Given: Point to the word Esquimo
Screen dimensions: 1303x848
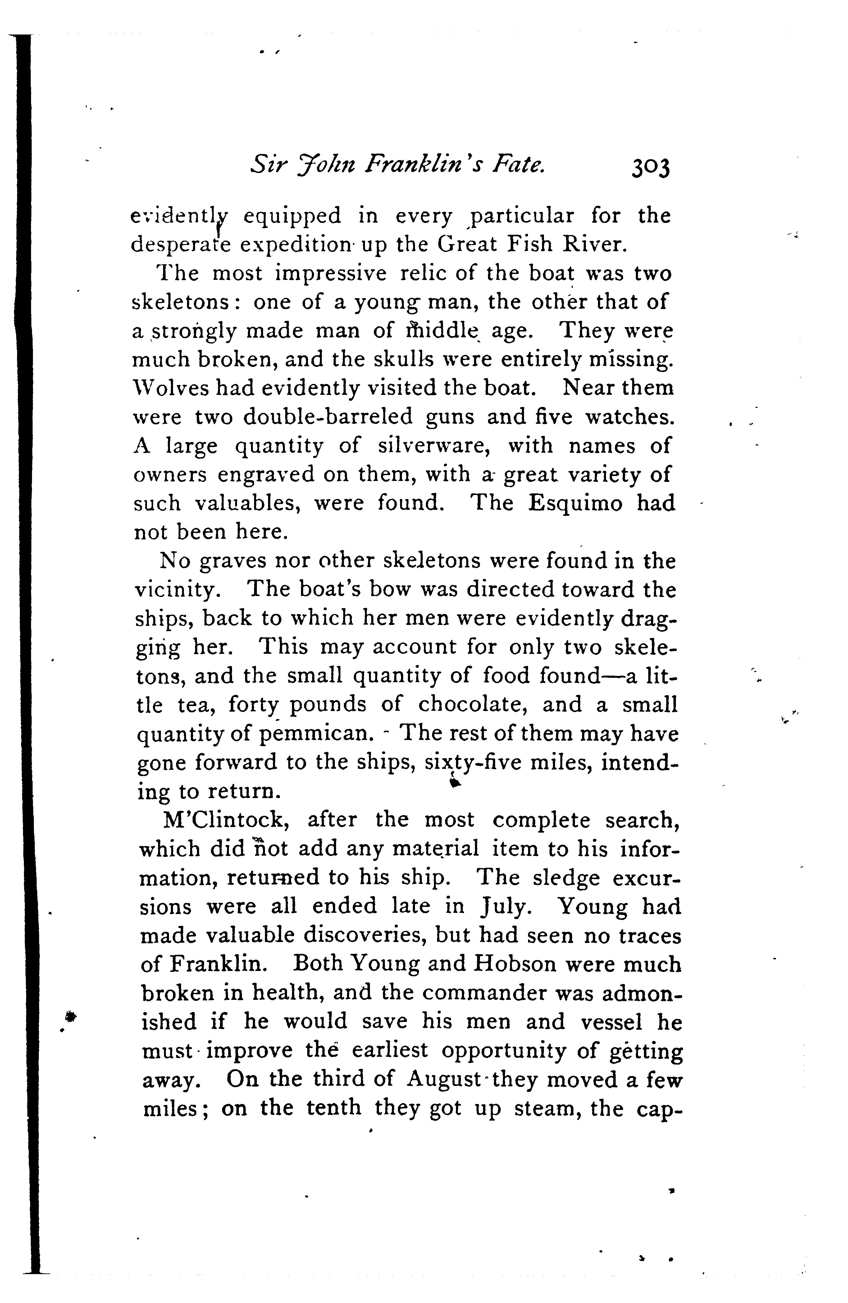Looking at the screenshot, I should coord(576,503).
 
